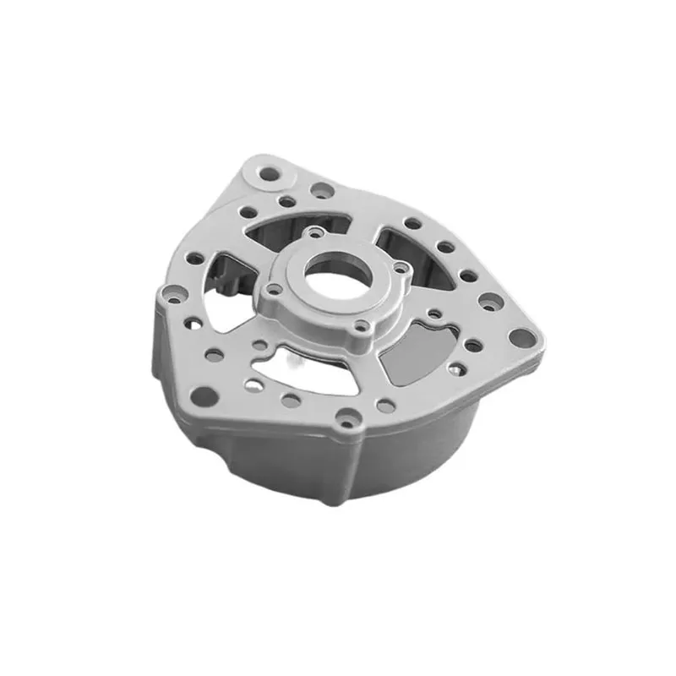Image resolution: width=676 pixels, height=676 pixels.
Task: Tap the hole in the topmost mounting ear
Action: click(269, 175)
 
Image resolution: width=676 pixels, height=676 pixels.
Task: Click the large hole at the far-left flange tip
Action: click(203, 394)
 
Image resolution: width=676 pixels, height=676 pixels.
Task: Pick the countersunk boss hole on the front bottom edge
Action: click(349, 417)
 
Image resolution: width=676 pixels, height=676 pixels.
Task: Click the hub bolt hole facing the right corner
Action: click(401, 269)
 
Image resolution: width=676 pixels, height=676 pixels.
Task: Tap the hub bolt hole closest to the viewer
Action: click(363, 325)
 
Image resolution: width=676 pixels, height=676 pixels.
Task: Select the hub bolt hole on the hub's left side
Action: click(271, 289)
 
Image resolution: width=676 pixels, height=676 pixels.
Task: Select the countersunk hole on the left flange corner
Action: click(168, 296)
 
